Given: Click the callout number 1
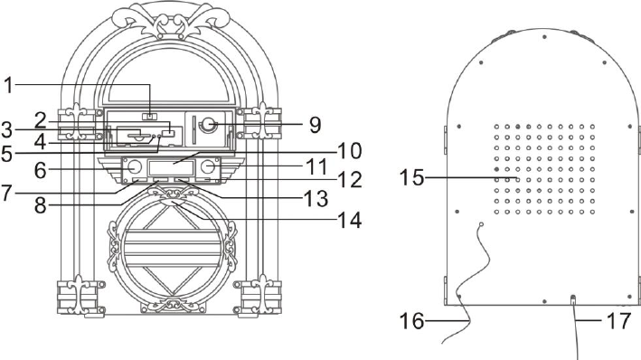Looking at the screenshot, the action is [x=8, y=86].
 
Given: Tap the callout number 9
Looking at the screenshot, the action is [x=315, y=125].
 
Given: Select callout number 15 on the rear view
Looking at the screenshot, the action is [x=411, y=178].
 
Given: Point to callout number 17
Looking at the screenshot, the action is [x=619, y=321].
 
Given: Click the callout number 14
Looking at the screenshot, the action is [x=350, y=220].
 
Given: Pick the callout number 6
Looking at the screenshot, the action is [x=40, y=170].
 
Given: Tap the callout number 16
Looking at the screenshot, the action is [x=411, y=321].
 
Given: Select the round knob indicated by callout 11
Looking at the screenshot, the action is [x=208, y=167].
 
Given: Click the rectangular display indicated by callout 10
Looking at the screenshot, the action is [x=171, y=167].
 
